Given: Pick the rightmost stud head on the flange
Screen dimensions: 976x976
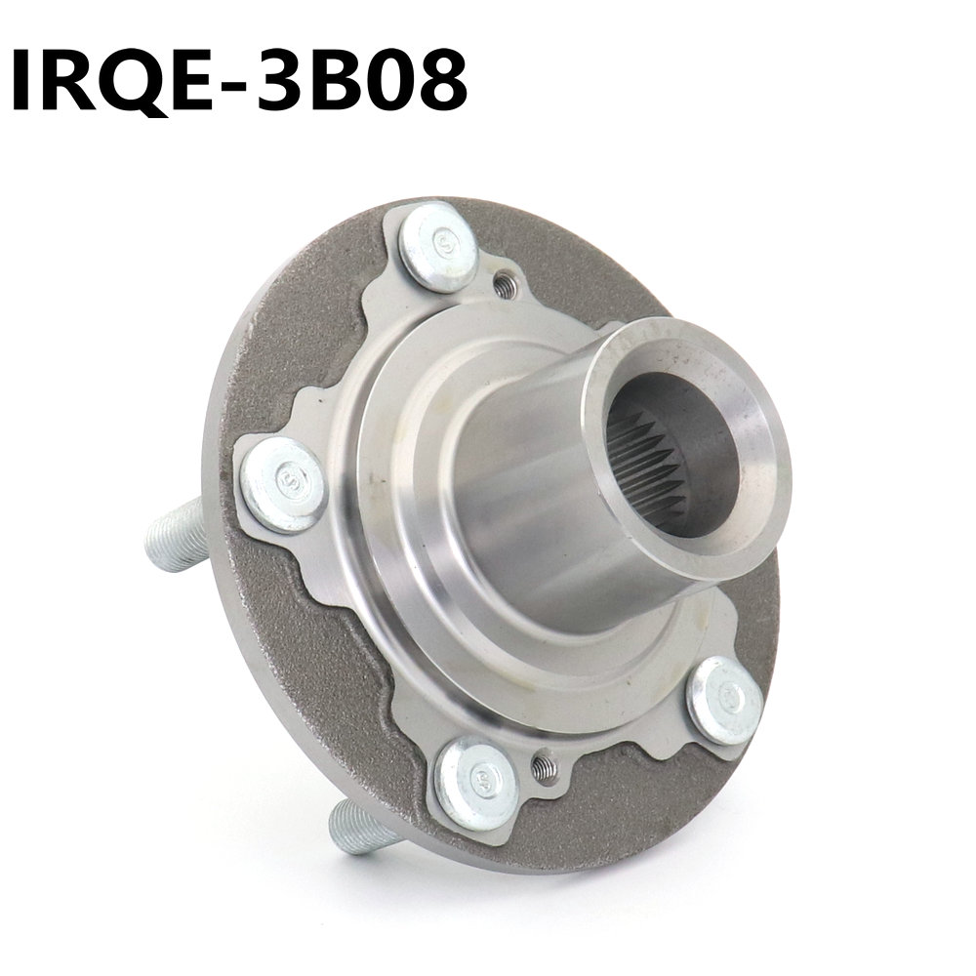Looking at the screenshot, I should click(x=724, y=700).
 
